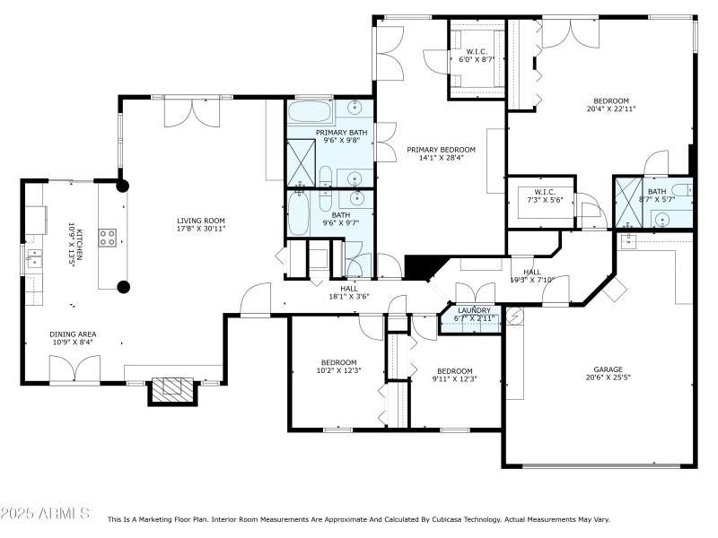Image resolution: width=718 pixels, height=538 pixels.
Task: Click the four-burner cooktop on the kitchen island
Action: (x=107, y=238)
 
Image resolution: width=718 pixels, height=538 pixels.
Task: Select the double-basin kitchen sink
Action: (x=33, y=261)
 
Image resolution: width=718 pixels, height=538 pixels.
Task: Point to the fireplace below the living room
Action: (x=171, y=389)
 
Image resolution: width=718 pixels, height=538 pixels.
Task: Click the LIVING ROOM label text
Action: (x=200, y=221)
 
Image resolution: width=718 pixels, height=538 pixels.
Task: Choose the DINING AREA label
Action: (x=73, y=334)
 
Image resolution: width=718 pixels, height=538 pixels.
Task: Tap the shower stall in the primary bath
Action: (x=300, y=162)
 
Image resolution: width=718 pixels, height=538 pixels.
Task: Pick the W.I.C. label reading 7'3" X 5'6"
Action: (x=546, y=201)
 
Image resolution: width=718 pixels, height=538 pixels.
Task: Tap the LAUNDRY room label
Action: (x=474, y=310)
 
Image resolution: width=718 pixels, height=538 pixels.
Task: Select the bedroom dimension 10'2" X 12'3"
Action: (x=340, y=370)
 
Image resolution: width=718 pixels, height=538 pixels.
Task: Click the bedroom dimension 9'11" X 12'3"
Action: (x=455, y=379)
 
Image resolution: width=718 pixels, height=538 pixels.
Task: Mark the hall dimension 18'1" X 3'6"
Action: (x=349, y=296)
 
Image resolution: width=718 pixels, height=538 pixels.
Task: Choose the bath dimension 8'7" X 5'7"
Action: (x=657, y=199)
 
